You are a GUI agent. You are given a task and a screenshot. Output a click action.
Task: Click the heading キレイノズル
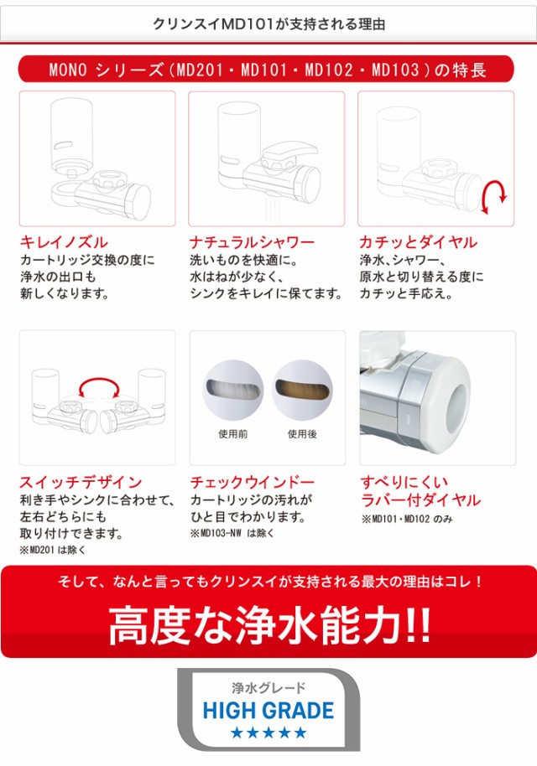coord(64,242)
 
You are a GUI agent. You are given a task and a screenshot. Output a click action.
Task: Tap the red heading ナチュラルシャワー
coord(252,242)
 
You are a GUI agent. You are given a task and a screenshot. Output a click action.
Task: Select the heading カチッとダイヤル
coord(418,242)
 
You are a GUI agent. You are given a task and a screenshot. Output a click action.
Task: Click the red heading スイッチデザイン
coord(81,482)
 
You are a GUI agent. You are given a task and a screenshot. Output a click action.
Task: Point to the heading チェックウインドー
coord(252,482)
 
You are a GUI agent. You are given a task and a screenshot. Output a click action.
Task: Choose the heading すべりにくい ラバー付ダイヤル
coord(420,491)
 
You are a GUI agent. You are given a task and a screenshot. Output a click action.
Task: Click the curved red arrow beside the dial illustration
coord(495,196)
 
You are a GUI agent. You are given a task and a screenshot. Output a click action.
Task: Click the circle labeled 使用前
coord(233,390)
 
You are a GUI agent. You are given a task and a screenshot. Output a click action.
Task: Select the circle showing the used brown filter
coord(302,390)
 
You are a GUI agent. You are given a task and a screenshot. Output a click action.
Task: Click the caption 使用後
coord(302,434)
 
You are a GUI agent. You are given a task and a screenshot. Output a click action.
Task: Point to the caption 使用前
coord(232,434)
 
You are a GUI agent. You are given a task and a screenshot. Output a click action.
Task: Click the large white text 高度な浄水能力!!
coord(268,624)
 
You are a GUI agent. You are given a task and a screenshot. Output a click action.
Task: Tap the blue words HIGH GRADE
coord(268,712)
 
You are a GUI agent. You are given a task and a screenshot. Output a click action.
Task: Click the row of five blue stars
coord(268,733)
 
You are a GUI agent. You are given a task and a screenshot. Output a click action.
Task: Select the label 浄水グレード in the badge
coord(268,688)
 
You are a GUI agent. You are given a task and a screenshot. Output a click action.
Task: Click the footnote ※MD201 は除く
coord(52,550)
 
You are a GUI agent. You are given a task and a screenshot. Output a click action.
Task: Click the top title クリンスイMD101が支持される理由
coord(268,24)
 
